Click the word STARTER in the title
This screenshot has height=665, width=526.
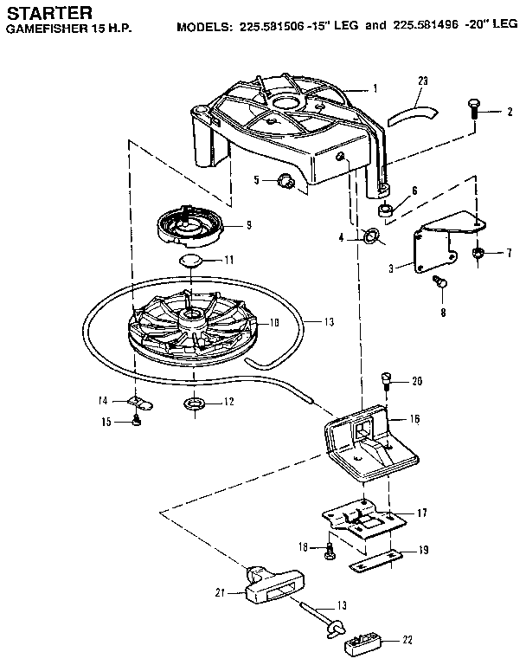(44, 11)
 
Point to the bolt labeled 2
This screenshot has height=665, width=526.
(473, 110)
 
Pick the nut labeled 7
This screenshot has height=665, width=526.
(478, 254)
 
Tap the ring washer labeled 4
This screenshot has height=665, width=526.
(373, 236)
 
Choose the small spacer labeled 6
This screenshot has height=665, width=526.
(387, 210)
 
